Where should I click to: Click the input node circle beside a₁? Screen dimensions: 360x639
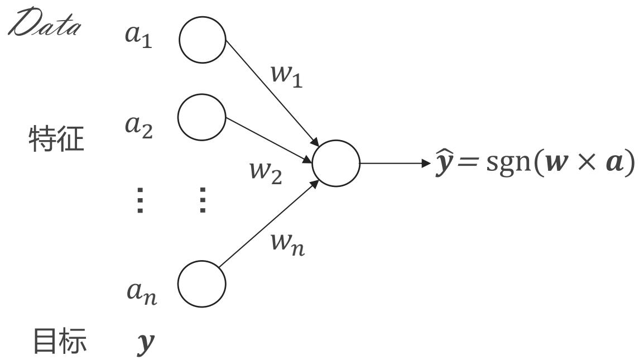tap(202, 40)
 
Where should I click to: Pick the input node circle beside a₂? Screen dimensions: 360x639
tap(201, 118)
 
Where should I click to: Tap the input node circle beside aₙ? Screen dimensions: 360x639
tap(201, 284)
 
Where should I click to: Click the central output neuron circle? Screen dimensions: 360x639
tap(336, 163)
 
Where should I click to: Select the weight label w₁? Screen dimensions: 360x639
tap(285, 76)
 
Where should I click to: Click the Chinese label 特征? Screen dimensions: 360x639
tap(56, 140)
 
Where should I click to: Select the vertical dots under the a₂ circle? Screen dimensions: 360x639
tap(202, 200)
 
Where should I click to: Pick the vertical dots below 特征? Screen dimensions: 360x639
tap(140, 200)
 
